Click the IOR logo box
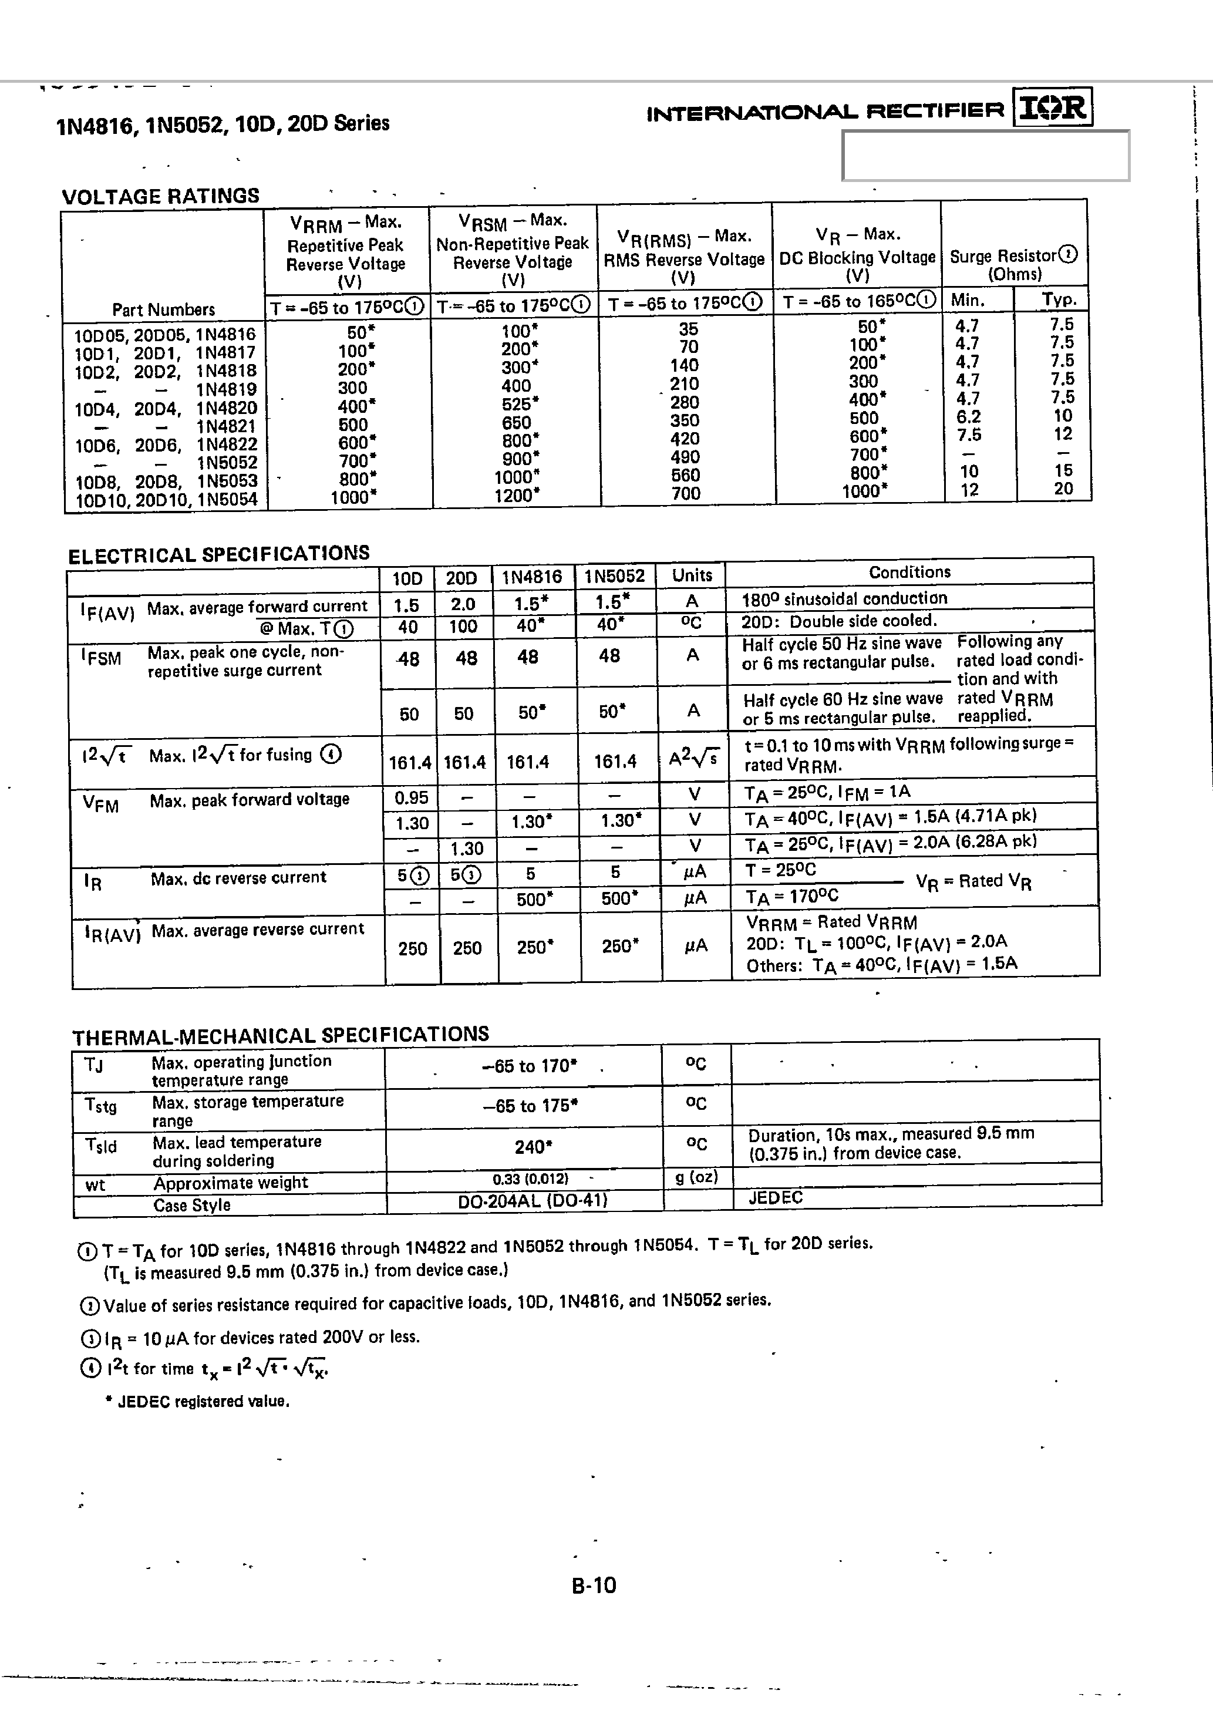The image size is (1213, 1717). point(1053,107)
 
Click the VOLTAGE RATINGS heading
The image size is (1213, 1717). point(160,196)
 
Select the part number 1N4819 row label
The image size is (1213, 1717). point(226,389)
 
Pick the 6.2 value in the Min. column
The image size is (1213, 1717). point(968,416)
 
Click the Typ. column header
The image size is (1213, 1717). point(1059,300)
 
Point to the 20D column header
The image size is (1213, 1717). point(461,578)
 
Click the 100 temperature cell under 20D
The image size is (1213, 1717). point(463,627)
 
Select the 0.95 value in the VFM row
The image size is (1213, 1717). point(410,798)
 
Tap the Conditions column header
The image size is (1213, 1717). point(909,572)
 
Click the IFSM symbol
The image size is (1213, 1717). point(101,656)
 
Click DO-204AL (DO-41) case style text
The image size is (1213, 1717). point(532,1200)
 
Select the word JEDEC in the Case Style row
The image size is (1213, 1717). point(776,1197)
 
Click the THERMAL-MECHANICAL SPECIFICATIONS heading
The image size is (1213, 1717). point(281,1035)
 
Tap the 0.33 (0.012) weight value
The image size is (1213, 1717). point(530,1179)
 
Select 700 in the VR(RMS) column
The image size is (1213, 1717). point(685,493)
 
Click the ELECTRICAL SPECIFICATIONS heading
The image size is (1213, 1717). point(218,554)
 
